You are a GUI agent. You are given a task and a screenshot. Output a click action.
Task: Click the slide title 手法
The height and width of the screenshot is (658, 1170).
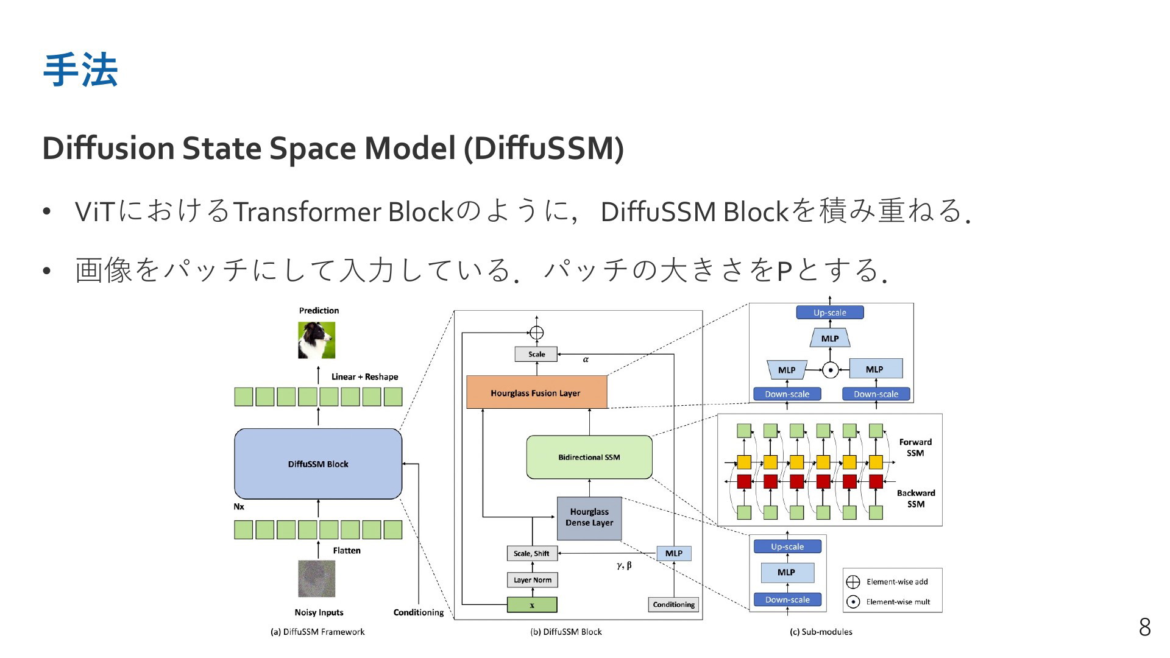(x=80, y=70)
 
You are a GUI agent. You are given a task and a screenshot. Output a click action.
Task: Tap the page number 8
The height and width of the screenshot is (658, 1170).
(x=1144, y=627)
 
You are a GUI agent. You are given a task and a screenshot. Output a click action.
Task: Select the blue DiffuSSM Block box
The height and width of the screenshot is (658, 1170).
(x=318, y=464)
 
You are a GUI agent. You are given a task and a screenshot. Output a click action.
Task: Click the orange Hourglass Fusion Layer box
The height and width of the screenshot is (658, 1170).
(x=536, y=392)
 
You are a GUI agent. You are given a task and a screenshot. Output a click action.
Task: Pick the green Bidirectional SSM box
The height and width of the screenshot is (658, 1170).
(x=589, y=457)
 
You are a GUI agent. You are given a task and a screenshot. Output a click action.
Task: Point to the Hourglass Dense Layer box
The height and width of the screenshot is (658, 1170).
(x=589, y=518)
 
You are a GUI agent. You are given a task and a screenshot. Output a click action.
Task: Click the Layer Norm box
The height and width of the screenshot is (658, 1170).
(x=532, y=580)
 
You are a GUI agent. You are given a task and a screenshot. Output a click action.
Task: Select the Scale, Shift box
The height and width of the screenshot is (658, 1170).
(x=532, y=553)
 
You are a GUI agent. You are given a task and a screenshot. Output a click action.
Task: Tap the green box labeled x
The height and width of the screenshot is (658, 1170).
(x=532, y=605)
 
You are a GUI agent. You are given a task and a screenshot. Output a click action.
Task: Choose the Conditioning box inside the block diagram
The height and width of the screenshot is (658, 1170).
(x=673, y=604)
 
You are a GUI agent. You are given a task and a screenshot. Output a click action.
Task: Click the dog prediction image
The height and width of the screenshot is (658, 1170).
(x=317, y=340)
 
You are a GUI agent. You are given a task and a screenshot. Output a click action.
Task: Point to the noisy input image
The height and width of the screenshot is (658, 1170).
(x=317, y=579)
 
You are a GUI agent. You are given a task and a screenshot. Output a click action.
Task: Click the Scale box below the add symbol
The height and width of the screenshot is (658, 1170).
(x=536, y=354)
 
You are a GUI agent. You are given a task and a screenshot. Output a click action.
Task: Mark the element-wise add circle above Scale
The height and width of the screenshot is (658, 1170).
(x=536, y=333)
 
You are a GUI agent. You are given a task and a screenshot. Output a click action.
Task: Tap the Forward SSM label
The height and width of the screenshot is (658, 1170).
(x=915, y=447)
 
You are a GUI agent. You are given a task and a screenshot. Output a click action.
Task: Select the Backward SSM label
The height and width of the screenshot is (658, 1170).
(x=916, y=498)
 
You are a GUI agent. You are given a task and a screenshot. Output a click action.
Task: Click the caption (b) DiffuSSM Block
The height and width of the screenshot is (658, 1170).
(x=566, y=632)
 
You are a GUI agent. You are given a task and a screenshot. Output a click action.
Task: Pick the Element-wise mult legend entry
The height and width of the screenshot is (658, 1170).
(x=889, y=602)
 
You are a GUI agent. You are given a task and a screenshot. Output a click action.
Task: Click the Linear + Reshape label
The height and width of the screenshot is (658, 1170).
(x=364, y=377)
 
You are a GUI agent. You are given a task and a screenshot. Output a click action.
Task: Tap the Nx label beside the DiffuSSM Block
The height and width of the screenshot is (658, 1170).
(x=239, y=507)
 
